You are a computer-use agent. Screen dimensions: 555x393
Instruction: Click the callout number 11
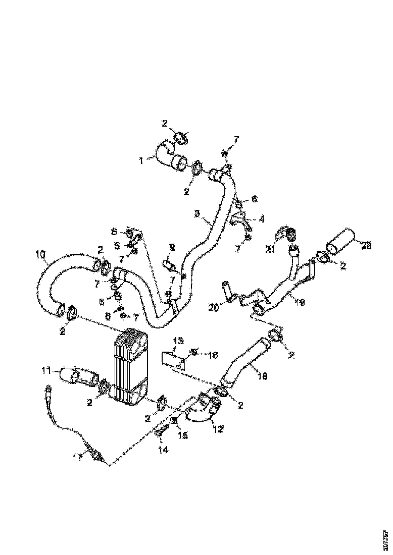coord(46,371)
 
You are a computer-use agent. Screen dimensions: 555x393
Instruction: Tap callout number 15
coord(180,435)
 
